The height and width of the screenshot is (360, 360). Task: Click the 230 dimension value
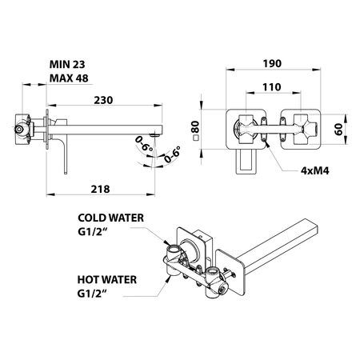coord(103,100)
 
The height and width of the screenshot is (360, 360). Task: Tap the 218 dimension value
coord(100,190)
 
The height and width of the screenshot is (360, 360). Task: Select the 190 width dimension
coord(272,64)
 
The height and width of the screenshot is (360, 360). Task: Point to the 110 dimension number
coord(272,87)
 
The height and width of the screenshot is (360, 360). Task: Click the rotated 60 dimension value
coord(338,130)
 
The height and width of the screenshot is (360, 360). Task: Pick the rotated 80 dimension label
coord(195,127)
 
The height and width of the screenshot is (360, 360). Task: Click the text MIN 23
coord(67,64)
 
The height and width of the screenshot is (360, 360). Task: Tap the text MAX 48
coord(69,78)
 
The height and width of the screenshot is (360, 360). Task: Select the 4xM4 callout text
coord(315,170)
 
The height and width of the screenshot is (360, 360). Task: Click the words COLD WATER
coord(110,218)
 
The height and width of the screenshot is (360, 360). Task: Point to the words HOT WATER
coord(107,280)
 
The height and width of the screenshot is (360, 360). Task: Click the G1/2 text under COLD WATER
coord(92,232)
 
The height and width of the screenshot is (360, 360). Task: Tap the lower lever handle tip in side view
coord(66,173)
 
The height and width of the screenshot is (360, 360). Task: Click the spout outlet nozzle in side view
coord(154,135)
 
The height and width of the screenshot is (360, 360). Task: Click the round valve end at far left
coord(18,130)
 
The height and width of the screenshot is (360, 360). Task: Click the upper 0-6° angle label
coord(144,143)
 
